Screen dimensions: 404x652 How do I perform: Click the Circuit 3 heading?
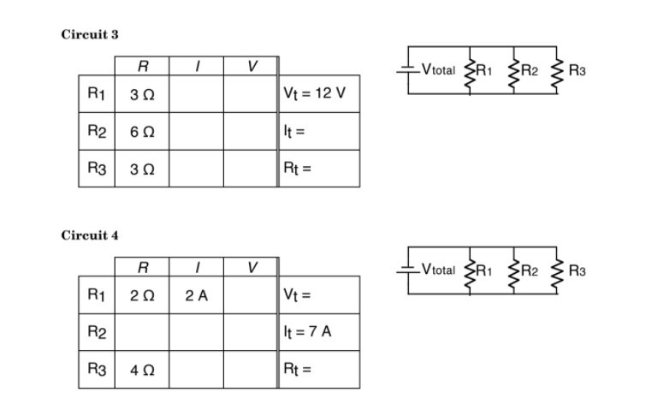[89, 34]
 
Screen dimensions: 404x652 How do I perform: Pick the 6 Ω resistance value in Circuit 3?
[142, 130]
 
